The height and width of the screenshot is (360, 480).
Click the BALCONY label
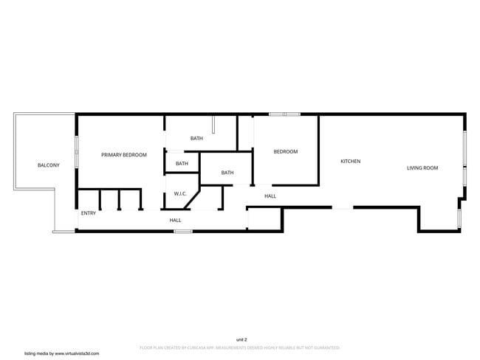click(49, 165)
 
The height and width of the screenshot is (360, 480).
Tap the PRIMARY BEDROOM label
click(124, 155)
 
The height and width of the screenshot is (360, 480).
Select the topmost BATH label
click(196, 139)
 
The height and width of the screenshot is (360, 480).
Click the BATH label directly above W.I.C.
click(182, 164)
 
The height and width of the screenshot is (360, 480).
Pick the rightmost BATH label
click(227, 173)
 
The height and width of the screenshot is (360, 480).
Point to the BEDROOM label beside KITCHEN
click(286, 152)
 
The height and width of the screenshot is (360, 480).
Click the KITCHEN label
click(350, 161)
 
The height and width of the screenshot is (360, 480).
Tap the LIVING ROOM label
click(422, 168)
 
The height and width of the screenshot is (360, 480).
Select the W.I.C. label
click(180, 194)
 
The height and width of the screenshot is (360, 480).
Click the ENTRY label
click(89, 213)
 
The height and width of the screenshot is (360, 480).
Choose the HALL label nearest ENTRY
click(175, 220)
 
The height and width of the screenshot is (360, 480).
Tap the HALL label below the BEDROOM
click(270, 196)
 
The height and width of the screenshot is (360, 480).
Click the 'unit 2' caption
click(241, 339)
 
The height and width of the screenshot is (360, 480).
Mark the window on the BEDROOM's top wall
click(284, 114)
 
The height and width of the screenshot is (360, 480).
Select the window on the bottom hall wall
click(182, 232)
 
